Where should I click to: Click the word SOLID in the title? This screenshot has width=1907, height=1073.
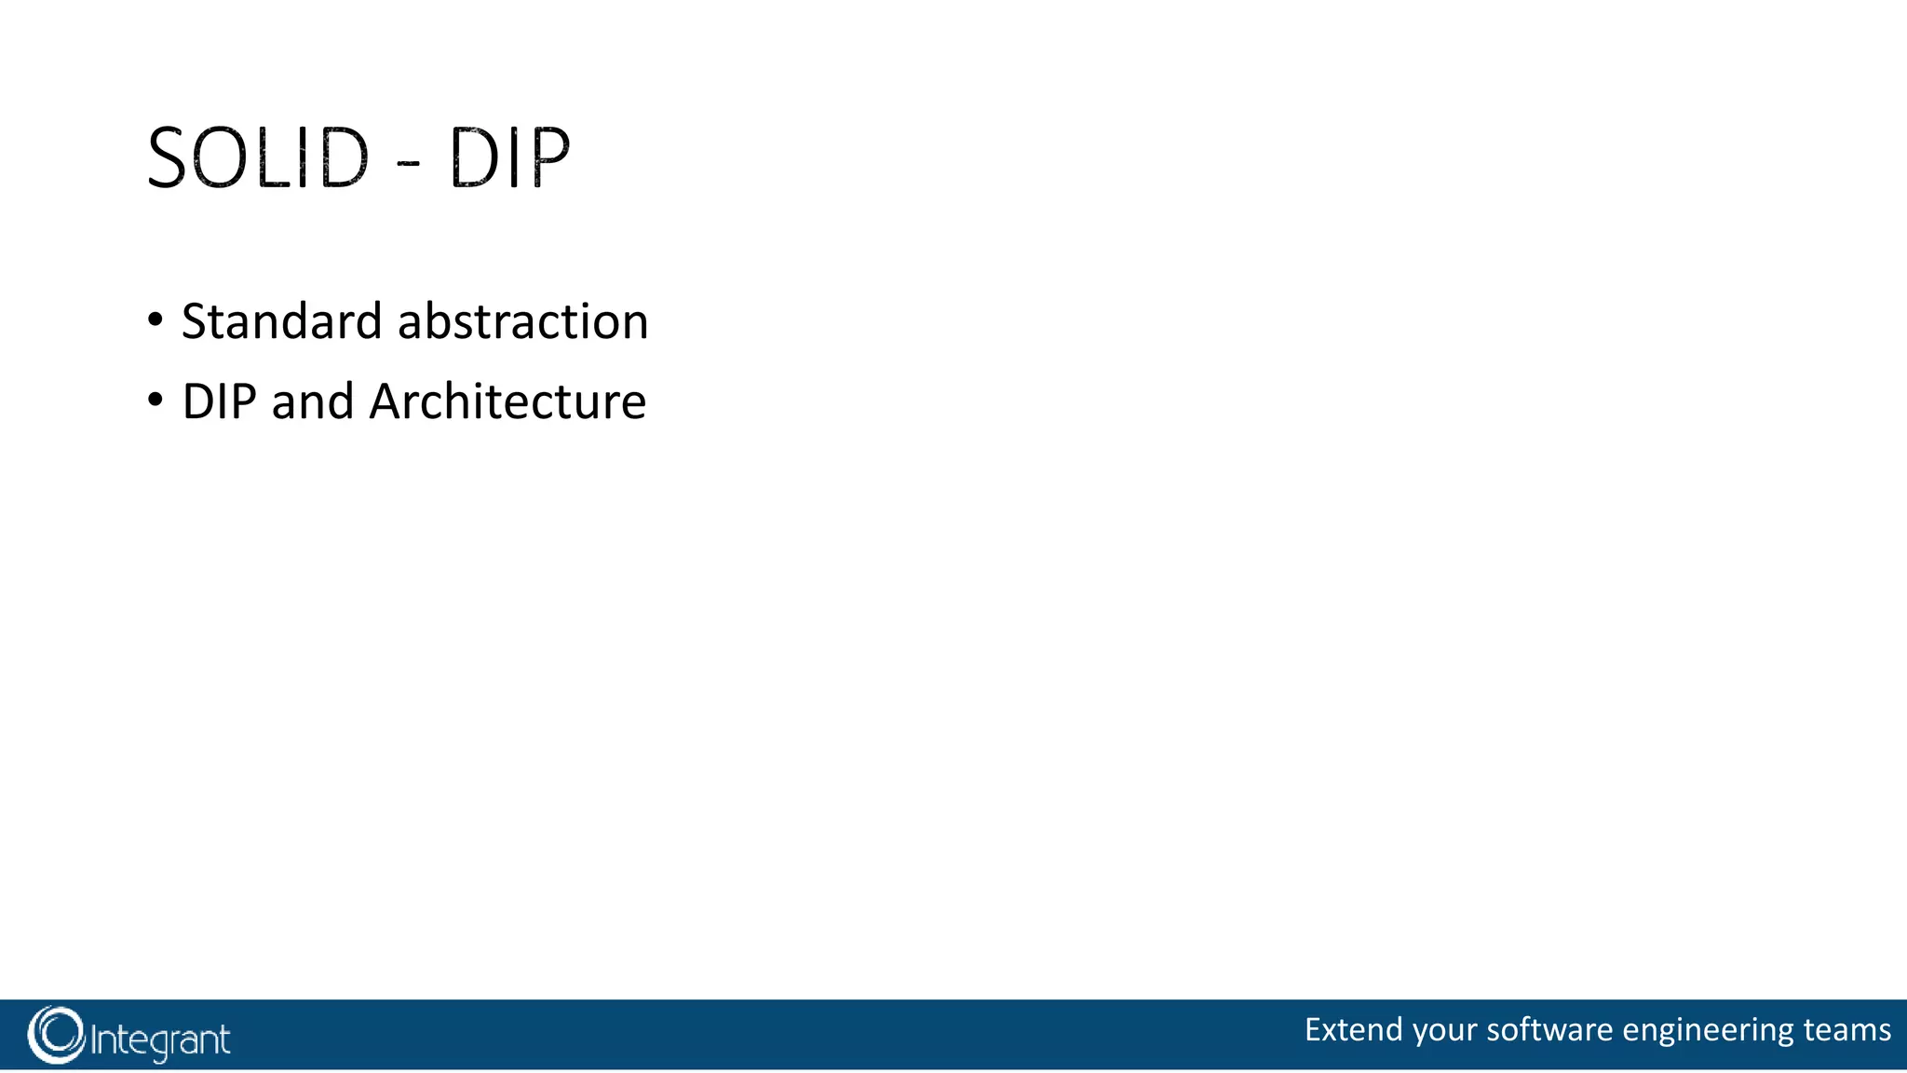pyautogui.click(x=258, y=158)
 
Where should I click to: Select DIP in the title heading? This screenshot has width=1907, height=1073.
pyautogui.click(x=509, y=158)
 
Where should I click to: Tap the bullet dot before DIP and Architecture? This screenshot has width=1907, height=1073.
pyautogui.click(x=156, y=401)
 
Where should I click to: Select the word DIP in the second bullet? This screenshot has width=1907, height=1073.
pyautogui.click(x=219, y=402)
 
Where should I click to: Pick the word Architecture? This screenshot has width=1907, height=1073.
pyautogui.click(x=507, y=402)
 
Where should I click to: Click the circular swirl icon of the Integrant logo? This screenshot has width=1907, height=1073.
pyautogui.click(x=56, y=1035)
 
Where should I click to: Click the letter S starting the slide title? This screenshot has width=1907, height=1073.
pyautogui.click(x=169, y=158)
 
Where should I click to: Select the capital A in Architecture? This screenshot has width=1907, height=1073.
pyautogui.click(x=385, y=402)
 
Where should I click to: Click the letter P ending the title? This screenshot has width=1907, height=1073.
pyautogui.click(x=550, y=158)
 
